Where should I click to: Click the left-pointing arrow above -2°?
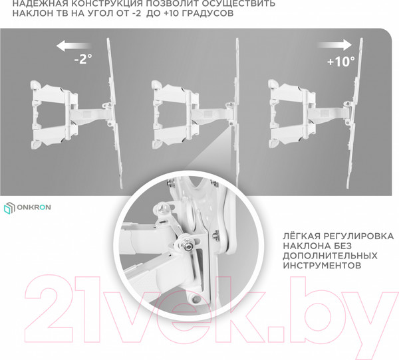[x=74, y=46]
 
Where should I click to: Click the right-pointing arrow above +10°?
[x=334, y=45]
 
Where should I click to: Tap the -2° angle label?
[x=83, y=59]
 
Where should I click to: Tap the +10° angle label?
[x=340, y=61]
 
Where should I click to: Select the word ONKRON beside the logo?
[x=34, y=207]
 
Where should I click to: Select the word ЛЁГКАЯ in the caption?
[x=301, y=236]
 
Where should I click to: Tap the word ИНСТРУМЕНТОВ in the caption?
[x=322, y=266]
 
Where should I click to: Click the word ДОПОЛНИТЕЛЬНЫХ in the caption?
[x=330, y=256]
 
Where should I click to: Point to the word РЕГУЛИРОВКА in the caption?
[x=358, y=236]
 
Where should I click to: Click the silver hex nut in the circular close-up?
[x=188, y=244]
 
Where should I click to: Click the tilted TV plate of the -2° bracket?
[x=114, y=113]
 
